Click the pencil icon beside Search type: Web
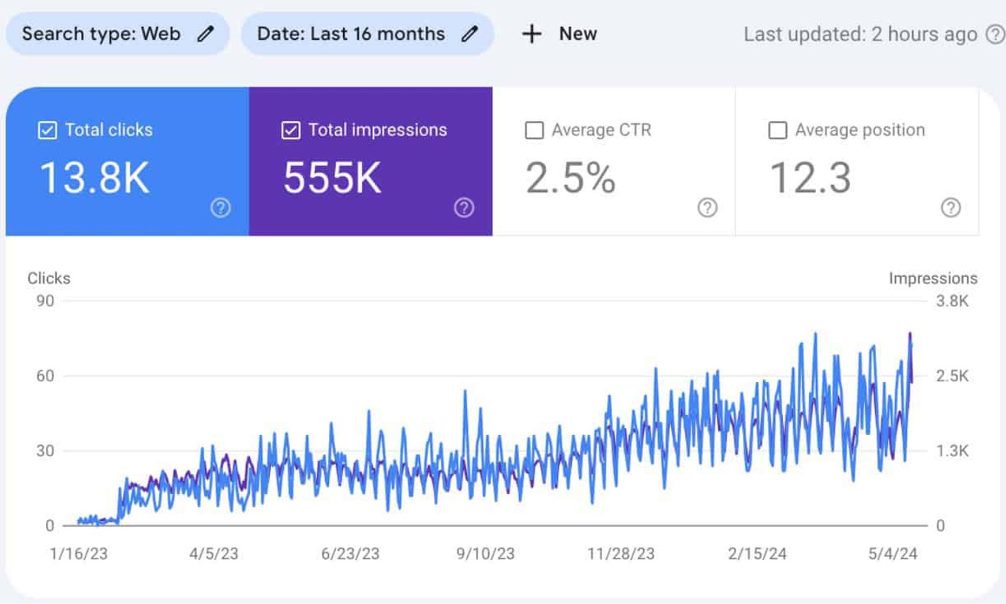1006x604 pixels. pos(205,34)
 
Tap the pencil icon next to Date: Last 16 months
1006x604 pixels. pos(470,34)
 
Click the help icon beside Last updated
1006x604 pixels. pos(995,34)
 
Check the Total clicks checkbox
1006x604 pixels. pos(47,130)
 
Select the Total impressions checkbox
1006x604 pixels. pos(291,130)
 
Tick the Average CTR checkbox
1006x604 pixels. pos(534,130)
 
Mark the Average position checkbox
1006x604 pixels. pos(778,130)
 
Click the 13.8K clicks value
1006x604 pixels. pos(95,177)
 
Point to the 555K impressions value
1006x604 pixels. pos(332,177)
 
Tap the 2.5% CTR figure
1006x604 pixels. pos(570,177)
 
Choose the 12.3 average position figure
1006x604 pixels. pos(810,177)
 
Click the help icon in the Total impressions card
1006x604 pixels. pos(464,207)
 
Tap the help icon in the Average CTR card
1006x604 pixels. pos(707,207)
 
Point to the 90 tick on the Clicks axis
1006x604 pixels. pos(45,301)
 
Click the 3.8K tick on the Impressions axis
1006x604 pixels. pos(952,301)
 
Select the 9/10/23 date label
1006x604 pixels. pos(485,554)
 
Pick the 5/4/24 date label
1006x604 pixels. pos(892,554)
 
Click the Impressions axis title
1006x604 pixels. pos(933,278)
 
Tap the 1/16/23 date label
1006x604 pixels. pos(78,554)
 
